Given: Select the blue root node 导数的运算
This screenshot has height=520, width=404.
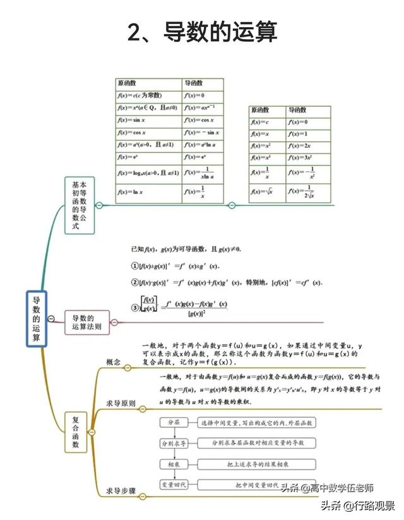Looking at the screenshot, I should coord(37,318).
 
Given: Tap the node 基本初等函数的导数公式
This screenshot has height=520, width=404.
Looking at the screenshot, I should coord(79,205).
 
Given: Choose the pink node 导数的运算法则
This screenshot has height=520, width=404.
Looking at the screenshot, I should coord(87,323).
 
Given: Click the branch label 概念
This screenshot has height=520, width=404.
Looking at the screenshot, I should coord(114,362).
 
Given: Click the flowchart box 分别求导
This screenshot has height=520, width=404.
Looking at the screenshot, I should coord(173,444).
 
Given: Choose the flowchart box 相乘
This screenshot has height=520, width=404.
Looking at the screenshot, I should coord(173,464).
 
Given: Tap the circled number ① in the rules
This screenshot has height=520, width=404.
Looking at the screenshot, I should coord(134,266).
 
